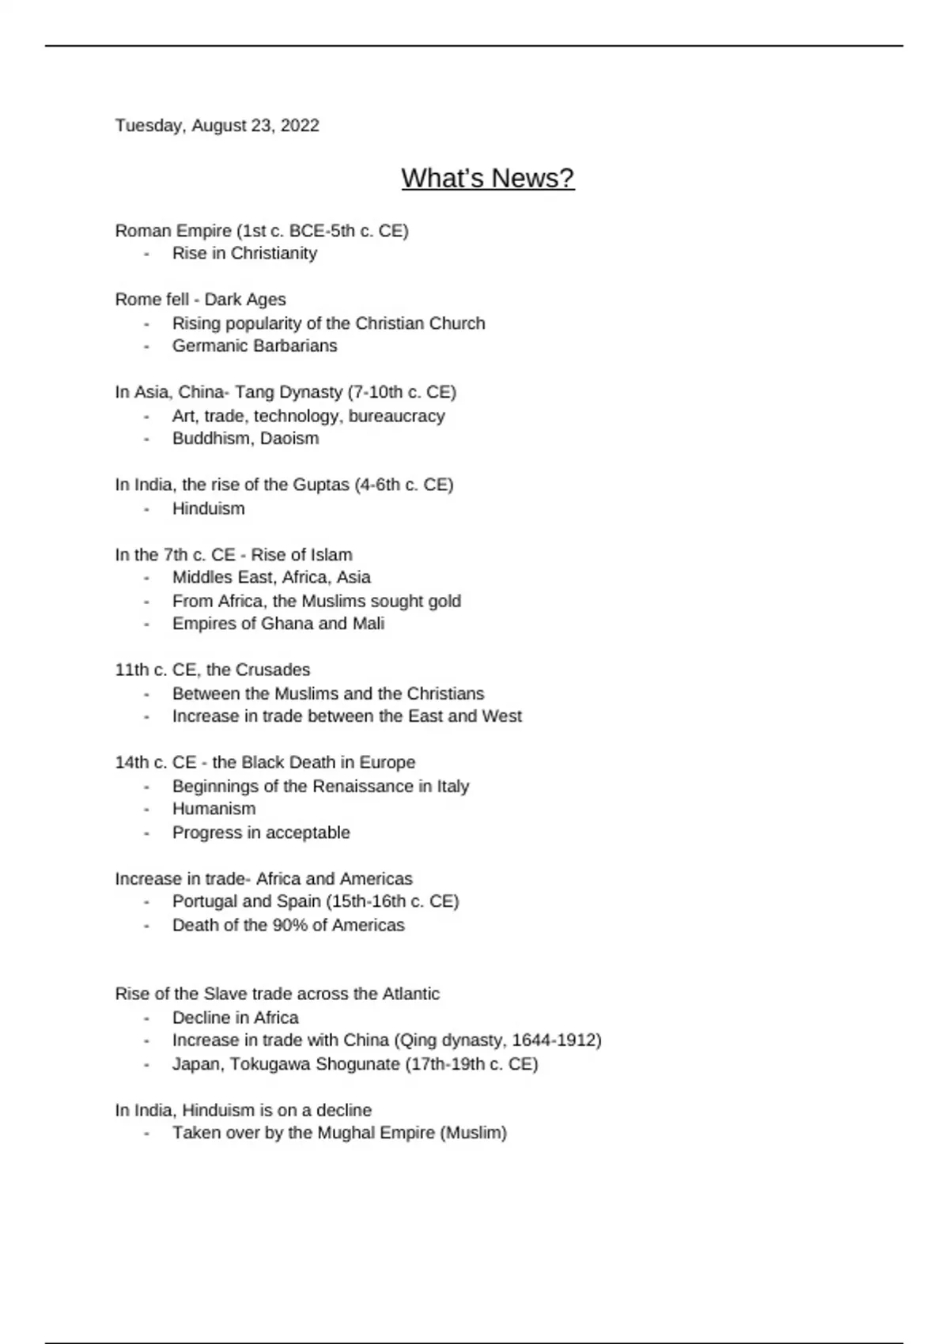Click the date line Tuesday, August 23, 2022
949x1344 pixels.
217,126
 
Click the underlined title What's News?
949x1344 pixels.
487,178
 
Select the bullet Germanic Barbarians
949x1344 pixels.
255,345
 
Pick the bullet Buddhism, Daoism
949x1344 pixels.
245,438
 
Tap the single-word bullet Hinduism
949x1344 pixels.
209,508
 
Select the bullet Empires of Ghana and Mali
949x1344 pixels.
278,623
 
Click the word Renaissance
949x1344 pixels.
363,786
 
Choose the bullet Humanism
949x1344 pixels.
214,809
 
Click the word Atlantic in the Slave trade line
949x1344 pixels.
410,994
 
